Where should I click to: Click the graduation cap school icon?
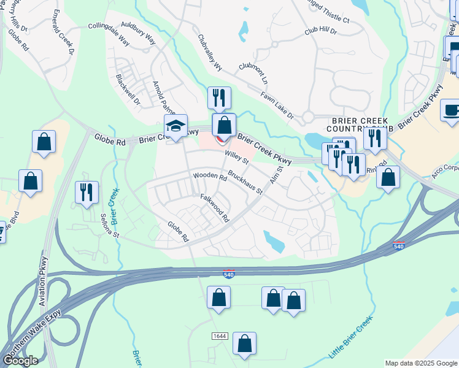pos(175,126)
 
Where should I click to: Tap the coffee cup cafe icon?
pos(452,111)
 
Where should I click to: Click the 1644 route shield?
pos(220,336)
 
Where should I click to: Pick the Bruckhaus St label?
pos(245,183)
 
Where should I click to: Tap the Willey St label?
pos(236,158)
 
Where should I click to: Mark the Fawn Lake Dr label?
pos(277,104)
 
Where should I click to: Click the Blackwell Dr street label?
pos(128,90)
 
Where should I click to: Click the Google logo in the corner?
pos(20,361)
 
